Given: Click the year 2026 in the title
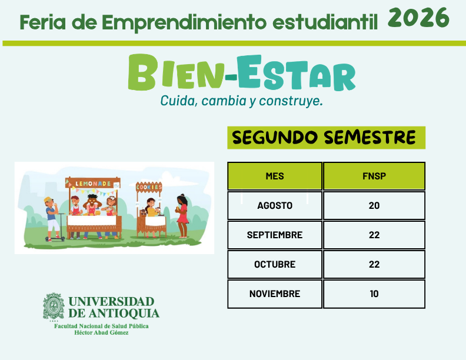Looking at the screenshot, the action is (x=418, y=18).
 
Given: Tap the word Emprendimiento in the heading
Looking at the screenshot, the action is (x=184, y=23).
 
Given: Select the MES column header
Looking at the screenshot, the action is (x=275, y=176).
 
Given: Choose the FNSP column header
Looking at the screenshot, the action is (x=374, y=176).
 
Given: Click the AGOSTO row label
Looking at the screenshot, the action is (x=275, y=205).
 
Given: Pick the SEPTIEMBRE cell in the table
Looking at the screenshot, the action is (x=275, y=235).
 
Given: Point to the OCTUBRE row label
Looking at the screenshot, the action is (x=275, y=264).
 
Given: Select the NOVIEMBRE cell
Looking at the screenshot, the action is (x=275, y=294).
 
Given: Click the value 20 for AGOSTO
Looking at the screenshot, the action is (x=374, y=205).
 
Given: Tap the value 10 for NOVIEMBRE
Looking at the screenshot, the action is (x=374, y=294).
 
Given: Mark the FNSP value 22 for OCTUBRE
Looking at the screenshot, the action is (x=374, y=264).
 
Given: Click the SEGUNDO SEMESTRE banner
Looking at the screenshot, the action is (x=327, y=138).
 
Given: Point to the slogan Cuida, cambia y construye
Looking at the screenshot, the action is (x=242, y=101).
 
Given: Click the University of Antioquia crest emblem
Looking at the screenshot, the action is (x=54, y=306).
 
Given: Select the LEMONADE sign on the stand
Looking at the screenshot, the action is (x=93, y=184).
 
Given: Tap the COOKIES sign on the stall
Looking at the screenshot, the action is (x=149, y=187).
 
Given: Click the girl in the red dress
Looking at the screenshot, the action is (x=182, y=216).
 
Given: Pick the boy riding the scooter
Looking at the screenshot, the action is (x=52, y=218).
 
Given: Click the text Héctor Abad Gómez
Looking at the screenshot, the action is (x=101, y=333).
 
